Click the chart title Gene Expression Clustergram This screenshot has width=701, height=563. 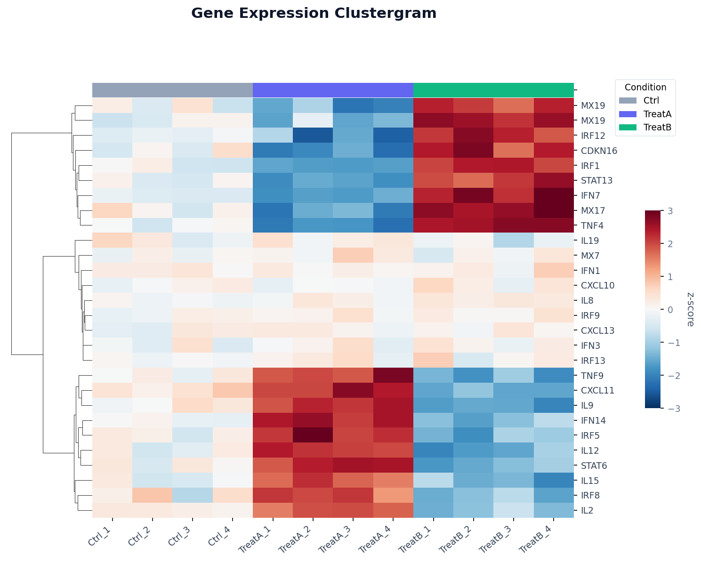tap(314, 14)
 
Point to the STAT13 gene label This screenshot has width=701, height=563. tap(596, 180)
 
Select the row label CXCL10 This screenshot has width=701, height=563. tap(597, 285)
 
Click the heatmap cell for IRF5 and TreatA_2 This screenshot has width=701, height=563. tap(313, 435)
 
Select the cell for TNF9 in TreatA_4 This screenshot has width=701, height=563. tap(393, 376)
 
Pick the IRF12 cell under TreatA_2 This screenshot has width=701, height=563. tap(313, 136)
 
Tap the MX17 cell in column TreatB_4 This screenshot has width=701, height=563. tap(554, 210)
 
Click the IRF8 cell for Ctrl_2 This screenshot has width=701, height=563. tap(153, 495)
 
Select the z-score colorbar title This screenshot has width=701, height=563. tap(690, 309)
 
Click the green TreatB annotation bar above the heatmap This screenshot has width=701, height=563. tap(493, 89)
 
